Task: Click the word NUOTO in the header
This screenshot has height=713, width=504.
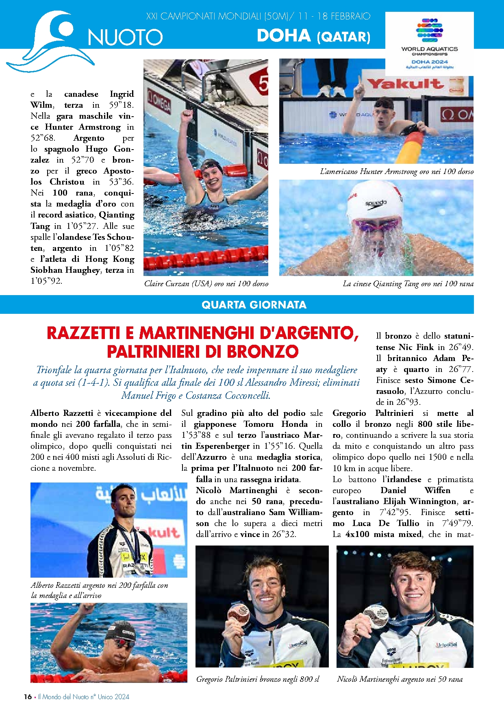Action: [x=125, y=37]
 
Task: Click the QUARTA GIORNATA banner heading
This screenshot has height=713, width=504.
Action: [x=254, y=305]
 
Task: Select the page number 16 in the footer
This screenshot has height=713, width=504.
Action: [x=28, y=696]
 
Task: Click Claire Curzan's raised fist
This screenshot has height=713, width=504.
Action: [x=187, y=116]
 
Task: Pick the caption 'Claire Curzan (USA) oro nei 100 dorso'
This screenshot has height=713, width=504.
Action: [x=206, y=284]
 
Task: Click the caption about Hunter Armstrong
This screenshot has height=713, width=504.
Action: [x=397, y=172]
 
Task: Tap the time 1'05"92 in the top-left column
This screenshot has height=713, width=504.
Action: [x=46, y=281]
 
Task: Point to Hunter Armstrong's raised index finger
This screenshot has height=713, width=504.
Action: [x=359, y=83]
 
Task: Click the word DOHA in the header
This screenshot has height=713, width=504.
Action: [x=284, y=36]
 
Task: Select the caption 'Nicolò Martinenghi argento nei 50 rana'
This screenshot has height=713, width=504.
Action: [x=400, y=679]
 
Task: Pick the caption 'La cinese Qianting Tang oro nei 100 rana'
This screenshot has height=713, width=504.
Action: [x=408, y=284]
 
